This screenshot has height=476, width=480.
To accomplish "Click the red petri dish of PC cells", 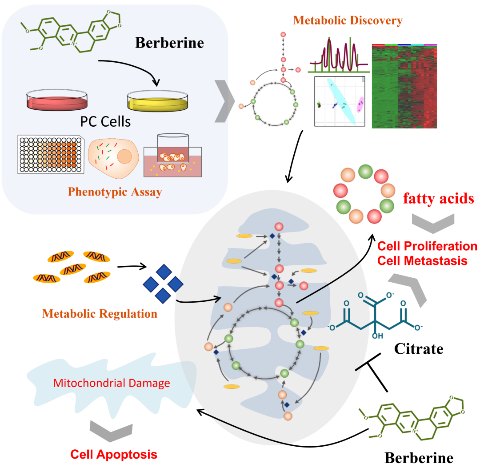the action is point(57,100).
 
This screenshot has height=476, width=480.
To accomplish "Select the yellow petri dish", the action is point(157,101).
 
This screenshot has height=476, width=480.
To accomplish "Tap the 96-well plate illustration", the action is point(51,154).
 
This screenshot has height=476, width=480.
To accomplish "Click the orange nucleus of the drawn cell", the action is point(124,156).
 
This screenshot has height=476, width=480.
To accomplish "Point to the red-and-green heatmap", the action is point(404,86).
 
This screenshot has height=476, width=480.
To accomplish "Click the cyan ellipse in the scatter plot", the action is point(341,101).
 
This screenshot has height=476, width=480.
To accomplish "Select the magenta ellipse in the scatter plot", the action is point(361,104).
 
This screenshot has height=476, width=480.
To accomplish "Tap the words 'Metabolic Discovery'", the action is point(348,20).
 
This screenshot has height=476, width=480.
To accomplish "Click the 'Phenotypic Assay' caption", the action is point(115,192).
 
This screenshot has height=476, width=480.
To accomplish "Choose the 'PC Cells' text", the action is point(105,121).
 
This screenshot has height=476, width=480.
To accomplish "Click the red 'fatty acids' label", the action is point(438,198).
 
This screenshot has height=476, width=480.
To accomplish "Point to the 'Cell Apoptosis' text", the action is point(114,455).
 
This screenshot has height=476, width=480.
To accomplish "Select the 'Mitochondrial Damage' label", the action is point(112,383).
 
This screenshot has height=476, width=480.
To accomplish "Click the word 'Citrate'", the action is point(419,348).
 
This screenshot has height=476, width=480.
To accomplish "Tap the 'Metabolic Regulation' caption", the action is point(100,314).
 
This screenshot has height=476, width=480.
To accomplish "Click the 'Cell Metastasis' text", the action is point(422,261).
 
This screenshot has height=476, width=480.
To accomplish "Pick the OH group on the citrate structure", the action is point(377,336).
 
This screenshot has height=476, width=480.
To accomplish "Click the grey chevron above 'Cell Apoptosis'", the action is point(111,431).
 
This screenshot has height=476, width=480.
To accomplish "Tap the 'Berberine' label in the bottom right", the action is point(419,458).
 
